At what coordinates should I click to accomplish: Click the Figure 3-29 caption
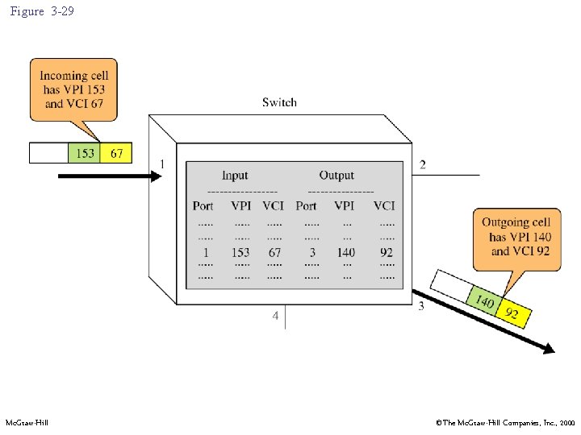click(x=42, y=12)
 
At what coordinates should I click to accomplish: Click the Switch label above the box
click(x=279, y=102)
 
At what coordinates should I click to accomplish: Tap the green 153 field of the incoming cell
click(x=86, y=153)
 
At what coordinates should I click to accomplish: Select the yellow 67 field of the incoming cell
click(x=117, y=153)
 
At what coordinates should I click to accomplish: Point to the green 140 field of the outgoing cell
click(x=484, y=301)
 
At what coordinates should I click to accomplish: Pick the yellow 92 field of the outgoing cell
click(x=512, y=313)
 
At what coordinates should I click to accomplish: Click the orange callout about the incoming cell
click(x=73, y=89)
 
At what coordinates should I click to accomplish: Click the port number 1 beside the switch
click(x=162, y=164)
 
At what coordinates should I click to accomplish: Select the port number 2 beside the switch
click(x=423, y=165)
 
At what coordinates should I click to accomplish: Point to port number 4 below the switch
click(x=275, y=316)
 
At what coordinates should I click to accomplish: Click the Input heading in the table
click(x=235, y=176)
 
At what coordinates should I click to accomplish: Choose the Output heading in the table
click(x=336, y=176)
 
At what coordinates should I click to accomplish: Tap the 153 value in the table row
click(x=240, y=252)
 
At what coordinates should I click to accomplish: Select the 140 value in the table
click(x=346, y=252)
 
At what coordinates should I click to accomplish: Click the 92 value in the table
click(x=387, y=252)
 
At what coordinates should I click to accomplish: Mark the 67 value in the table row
click(x=274, y=252)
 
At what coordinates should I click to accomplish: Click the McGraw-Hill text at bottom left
click(x=27, y=422)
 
